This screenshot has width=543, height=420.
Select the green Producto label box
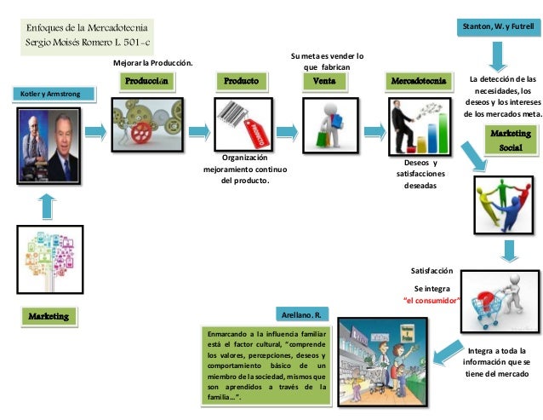click(242, 82)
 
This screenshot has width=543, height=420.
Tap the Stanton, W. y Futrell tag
click(500, 27)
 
